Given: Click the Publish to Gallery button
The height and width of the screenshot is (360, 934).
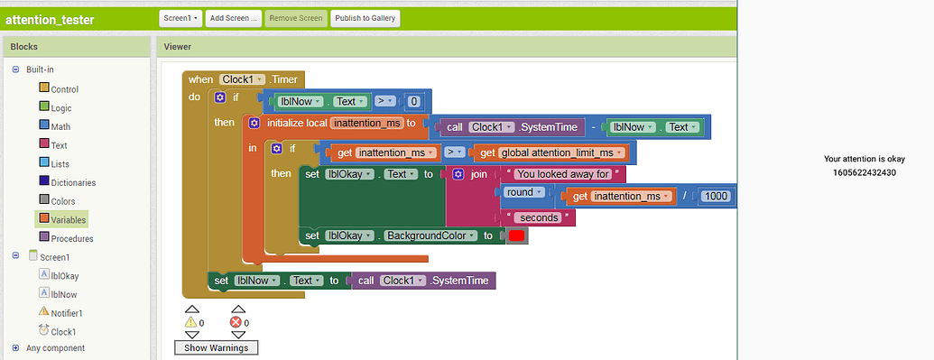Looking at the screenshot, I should pos(365,18).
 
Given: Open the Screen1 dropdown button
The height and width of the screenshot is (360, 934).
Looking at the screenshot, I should pos(180,18).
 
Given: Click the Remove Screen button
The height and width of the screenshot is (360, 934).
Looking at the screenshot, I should pos(296,18).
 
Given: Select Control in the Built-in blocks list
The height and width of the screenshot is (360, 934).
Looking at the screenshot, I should pos(64,89).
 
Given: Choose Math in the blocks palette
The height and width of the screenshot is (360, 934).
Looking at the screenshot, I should pos(60,126).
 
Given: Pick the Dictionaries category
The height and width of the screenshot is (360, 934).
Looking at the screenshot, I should pos(72,182).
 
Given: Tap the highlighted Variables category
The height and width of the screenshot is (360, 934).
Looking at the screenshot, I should pos(69,219).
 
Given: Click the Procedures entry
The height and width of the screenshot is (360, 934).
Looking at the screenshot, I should pos(71,238).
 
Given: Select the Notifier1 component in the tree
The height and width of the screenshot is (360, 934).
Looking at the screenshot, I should pos(66,313).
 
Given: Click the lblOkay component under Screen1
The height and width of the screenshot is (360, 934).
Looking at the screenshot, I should pos(64,276).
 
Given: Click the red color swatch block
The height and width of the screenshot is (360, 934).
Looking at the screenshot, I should pos(516,235).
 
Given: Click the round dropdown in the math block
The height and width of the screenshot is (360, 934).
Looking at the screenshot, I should pos(523,192).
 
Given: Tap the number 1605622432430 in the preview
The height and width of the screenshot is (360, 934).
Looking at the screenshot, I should pos(864,172).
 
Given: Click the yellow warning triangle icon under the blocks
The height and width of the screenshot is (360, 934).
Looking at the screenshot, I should pos(190,321).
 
